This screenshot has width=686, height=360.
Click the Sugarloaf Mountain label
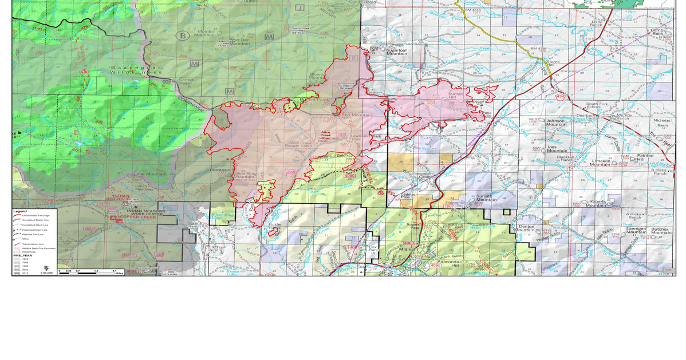(x=396, y=52)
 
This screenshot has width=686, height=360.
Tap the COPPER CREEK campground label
(x=137, y=218)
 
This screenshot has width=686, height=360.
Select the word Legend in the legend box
(x=20, y=211)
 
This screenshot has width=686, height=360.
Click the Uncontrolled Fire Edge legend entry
(x=36, y=216)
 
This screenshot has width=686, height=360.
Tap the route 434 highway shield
(x=560, y=97)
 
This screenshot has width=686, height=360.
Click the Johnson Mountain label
(x=555, y=122)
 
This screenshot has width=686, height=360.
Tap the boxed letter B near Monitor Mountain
(x=183, y=35)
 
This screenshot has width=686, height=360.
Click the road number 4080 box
(x=350, y=176)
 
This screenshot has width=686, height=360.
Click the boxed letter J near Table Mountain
(x=299, y=7)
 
